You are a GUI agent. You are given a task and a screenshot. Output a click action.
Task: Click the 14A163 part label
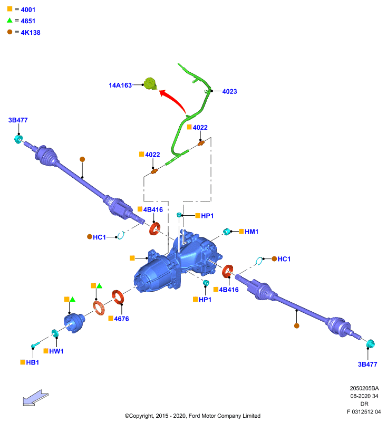[120, 85]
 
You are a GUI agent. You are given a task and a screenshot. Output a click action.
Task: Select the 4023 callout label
[230, 91]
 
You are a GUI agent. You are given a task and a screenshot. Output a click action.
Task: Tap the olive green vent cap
[150, 84]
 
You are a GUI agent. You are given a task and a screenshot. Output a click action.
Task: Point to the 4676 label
[122, 319]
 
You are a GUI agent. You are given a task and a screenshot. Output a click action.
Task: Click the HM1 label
[251, 232]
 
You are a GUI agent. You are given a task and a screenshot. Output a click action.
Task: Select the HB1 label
[33, 362]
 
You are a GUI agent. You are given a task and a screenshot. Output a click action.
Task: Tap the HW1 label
[56, 351]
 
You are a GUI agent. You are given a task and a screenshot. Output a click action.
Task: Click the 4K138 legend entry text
[31, 33]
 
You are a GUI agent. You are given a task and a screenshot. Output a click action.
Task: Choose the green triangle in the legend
[9, 20]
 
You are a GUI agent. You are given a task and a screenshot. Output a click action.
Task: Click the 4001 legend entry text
[28, 10]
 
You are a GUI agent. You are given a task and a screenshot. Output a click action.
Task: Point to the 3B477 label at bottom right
[367, 365]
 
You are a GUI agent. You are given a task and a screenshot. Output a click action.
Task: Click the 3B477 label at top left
[18, 120]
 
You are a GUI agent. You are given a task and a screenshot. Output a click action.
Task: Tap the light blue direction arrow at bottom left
[35, 398]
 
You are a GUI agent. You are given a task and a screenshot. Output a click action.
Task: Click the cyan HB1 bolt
[35, 345]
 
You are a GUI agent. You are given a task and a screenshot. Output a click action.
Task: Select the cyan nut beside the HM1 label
[227, 232]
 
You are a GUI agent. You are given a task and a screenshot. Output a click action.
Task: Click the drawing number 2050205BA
[364, 388]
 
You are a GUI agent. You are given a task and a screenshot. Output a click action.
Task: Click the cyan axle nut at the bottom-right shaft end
[370, 344]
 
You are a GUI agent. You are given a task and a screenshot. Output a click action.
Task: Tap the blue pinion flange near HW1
[74, 323]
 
